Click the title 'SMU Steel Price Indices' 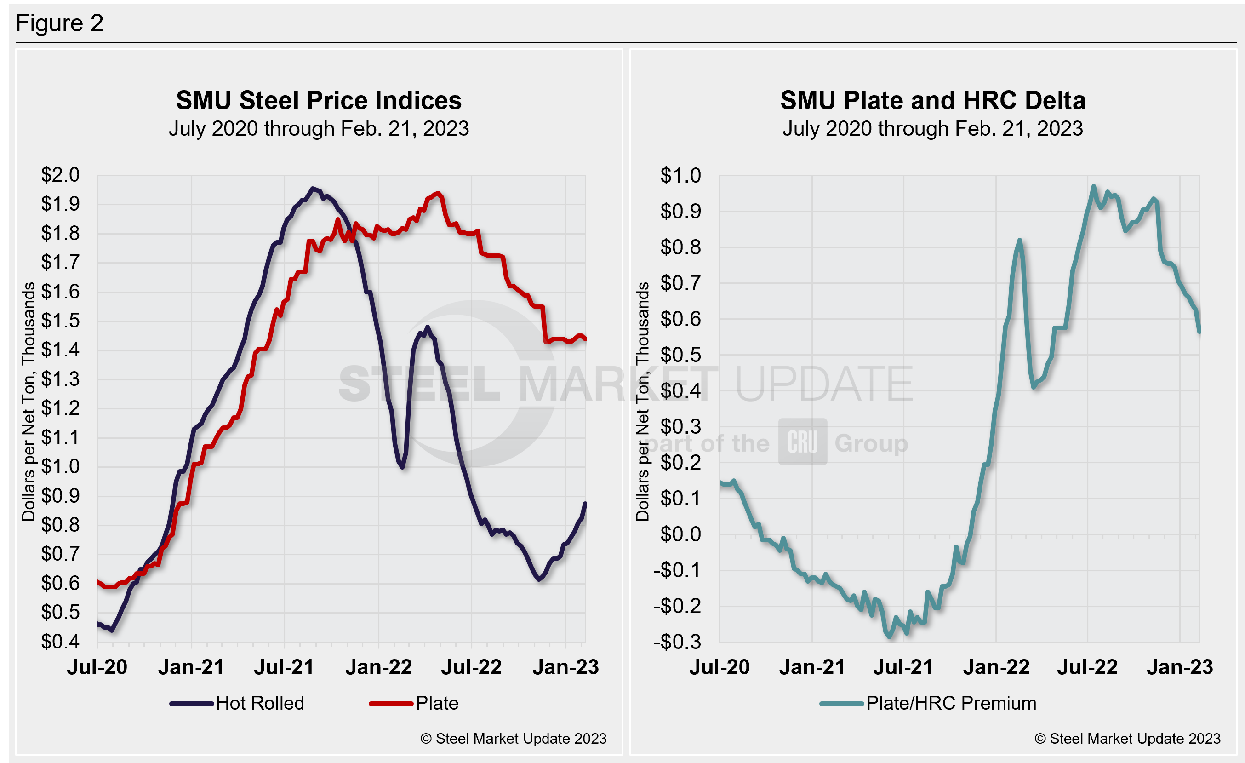319,100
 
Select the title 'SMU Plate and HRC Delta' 933,100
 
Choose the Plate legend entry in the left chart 414,703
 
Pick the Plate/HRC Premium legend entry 928,703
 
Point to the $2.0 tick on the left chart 61,175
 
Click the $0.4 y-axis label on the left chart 61,642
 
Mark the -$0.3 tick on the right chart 677,642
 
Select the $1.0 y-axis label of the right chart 680,175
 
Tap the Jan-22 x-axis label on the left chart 379,667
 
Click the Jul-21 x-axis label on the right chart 903,667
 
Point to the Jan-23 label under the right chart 1180,667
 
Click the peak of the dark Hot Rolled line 313,188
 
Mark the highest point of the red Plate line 438,193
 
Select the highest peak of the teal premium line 1094,186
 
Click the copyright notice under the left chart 514,739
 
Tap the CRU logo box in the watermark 802,442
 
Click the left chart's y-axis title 29,402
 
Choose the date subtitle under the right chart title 933,129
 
